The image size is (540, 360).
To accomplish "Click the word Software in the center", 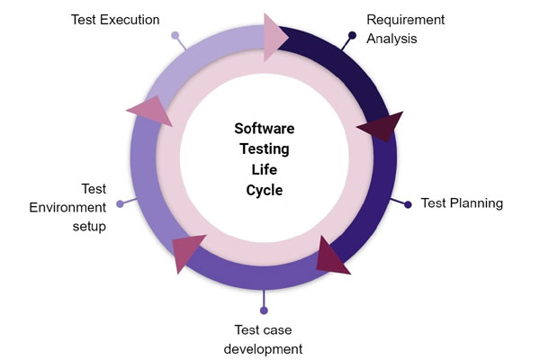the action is (264, 129).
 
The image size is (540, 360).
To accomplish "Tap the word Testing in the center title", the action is (264, 149).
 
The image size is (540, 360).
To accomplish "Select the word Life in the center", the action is (264, 169).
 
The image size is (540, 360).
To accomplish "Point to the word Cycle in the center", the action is (264, 191).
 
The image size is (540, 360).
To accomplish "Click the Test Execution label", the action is (115, 20).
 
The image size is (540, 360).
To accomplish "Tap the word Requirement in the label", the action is (406, 20).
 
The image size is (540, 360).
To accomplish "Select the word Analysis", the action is (391, 39).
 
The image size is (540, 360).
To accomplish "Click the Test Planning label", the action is (462, 203).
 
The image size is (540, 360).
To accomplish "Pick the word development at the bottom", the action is (263, 349).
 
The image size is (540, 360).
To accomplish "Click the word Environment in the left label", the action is (67, 207).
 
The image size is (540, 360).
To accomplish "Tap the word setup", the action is (89, 227).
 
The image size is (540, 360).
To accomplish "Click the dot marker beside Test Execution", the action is (175, 35).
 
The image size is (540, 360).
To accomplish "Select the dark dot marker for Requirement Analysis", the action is (352, 35).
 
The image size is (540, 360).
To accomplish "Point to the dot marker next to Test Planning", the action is (408, 204).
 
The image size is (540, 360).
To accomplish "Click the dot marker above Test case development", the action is (264, 310).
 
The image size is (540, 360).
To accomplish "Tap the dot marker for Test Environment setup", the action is (120, 204).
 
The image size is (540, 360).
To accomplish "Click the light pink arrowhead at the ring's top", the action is (274, 37).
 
